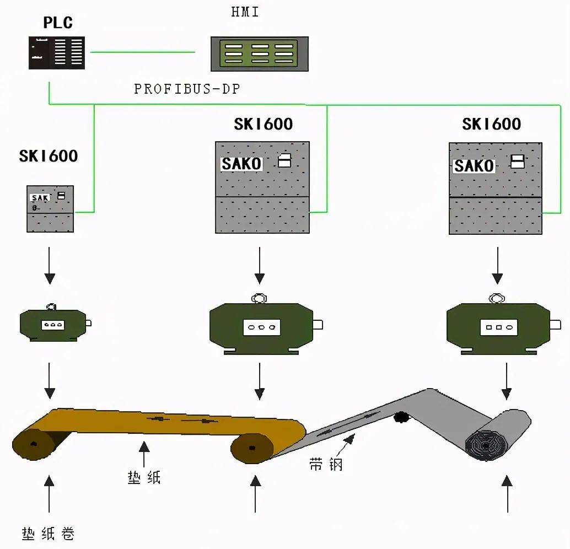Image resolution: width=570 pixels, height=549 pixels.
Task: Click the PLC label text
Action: pos(58,23)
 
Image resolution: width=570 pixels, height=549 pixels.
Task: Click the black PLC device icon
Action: pos(57,53)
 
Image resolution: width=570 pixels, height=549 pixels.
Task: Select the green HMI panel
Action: pos(259,53)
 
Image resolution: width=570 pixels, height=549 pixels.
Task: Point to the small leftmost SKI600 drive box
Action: pos(50,208)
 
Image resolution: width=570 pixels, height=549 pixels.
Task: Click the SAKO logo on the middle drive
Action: pos(241,164)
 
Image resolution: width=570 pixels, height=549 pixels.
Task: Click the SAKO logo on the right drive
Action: pos(474,165)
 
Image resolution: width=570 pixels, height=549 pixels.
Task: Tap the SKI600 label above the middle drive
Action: pos(263,124)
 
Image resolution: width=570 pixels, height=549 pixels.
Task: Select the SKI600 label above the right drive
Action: pos(491,124)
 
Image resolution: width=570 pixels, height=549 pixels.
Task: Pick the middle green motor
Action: pos(261,327)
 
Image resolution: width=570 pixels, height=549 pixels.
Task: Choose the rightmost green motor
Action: pos(498,327)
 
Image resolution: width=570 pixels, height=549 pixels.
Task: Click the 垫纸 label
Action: pos(144,477)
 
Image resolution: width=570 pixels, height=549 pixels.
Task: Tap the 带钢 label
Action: pos(326,465)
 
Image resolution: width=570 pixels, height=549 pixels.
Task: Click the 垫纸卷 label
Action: pos(49,534)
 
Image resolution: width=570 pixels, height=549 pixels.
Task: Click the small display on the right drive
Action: pos(518,162)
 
